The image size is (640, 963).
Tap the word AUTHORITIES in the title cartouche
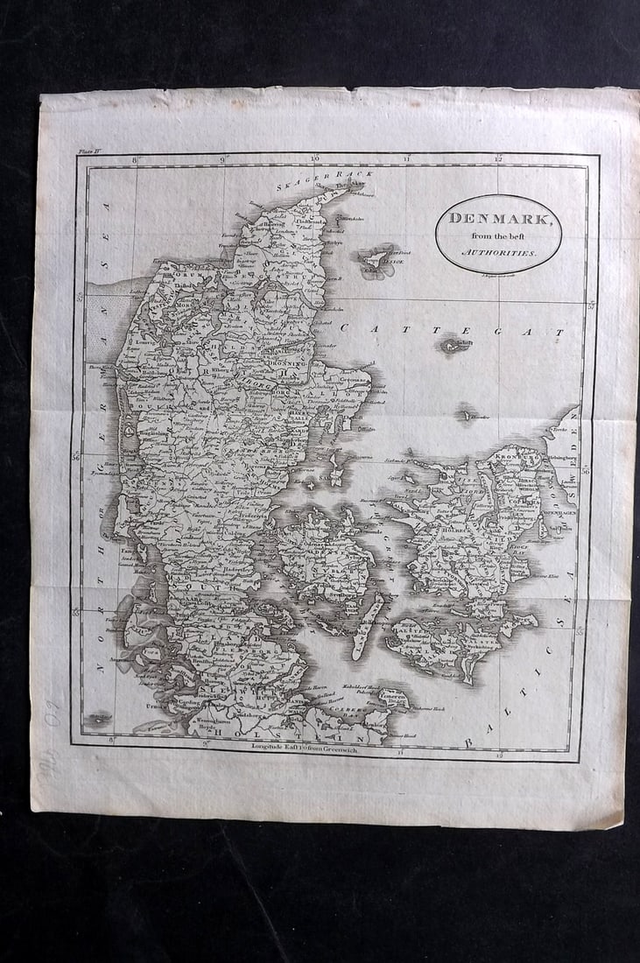coord(497,251)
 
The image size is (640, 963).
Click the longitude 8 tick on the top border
coord(136,160)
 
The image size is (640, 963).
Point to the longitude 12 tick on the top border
coord(498,159)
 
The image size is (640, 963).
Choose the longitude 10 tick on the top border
coord(315,159)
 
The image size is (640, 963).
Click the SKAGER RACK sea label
coord(324,180)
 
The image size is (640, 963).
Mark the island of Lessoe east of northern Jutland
coord(377,259)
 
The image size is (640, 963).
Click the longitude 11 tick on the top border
coord(407,159)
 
